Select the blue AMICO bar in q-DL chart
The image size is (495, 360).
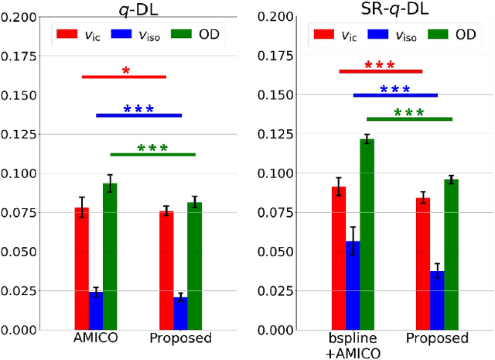click(96, 310)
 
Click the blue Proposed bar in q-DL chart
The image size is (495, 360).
click(180, 313)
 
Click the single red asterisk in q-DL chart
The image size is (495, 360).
click(125, 71)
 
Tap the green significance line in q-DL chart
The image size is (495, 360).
click(153, 154)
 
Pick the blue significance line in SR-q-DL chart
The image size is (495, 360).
click(395, 95)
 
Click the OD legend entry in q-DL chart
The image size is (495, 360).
click(201, 34)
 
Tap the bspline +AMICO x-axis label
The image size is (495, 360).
click(353, 345)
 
